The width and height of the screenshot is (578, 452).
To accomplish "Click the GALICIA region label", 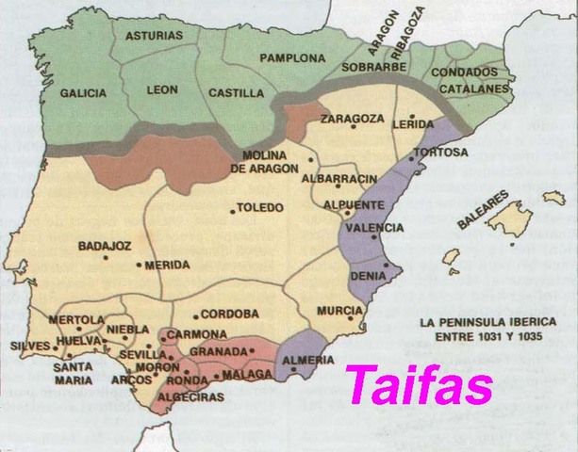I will tap(82, 93).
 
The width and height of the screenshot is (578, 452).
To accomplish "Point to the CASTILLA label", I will tap(233, 92).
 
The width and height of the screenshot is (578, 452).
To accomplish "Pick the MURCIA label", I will tap(340, 310).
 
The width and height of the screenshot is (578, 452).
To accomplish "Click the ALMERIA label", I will tap(305, 361).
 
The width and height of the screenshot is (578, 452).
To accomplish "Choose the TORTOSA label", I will tap(439, 152).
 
